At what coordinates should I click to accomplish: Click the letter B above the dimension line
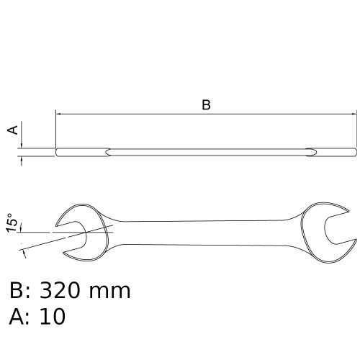point(206,104)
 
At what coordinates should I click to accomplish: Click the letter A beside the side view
point(12,130)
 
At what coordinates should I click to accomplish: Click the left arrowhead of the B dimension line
point(59,113)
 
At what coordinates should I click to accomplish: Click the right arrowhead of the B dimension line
point(353,113)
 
